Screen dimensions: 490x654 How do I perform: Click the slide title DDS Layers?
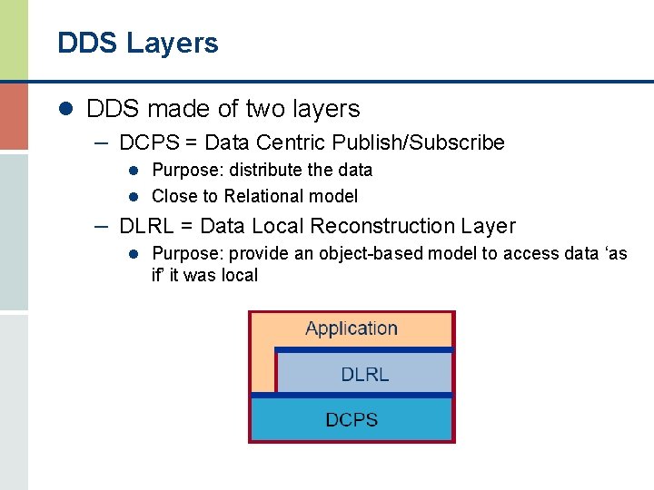(x=138, y=43)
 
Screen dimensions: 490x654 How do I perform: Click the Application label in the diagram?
(x=352, y=328)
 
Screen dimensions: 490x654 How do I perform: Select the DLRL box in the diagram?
(x=364, y=373)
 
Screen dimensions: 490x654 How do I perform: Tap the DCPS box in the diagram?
(x=352, y=419)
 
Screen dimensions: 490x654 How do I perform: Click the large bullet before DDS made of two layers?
(x=64, y=110)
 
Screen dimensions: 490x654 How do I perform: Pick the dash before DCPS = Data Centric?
(x=102, y=142)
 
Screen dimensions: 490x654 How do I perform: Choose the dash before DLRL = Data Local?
(x=102, y=225)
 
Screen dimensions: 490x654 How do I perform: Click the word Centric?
(x=293, y=142)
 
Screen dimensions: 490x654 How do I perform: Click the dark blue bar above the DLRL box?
(x=363, y=349)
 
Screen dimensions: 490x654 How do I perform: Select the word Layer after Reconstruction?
(x=487, y=226)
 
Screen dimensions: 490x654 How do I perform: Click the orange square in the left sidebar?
(x=14, y=116)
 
